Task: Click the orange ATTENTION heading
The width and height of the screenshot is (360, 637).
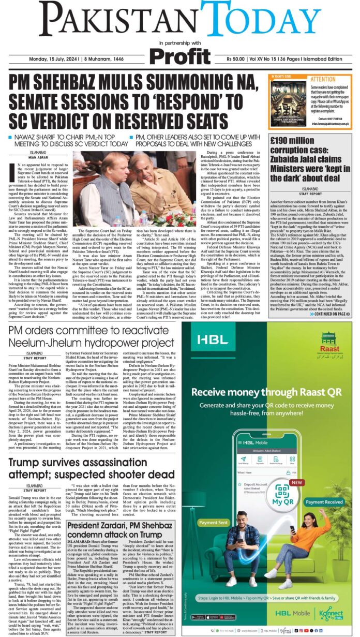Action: click(x=322, y=80)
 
